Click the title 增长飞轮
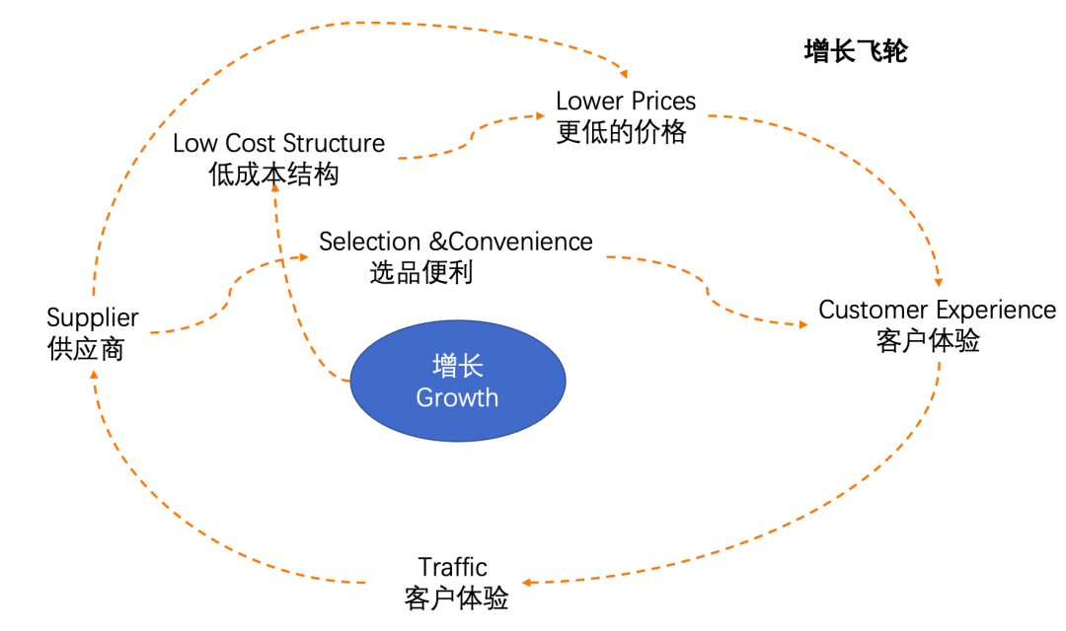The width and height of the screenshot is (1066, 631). [856, 51]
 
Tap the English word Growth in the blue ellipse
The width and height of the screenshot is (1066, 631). [457, 397]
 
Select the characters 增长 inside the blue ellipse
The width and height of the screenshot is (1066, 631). [458, 366]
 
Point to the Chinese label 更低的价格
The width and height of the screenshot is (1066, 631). [622, 132]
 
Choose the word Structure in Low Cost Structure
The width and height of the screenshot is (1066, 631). [334, 143]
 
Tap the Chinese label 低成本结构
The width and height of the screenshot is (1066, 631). [273, 174]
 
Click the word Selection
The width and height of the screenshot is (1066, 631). [370, 242]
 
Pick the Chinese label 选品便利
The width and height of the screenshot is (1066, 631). [421, 272]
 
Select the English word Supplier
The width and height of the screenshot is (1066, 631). [93, 318]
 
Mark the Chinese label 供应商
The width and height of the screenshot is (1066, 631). [86, 349]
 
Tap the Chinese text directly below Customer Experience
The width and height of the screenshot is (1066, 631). [928, 340]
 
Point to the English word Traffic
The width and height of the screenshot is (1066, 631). [452, 567]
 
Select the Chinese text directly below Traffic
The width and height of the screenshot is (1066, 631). [456, 597]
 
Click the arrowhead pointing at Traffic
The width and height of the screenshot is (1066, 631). [527, 582]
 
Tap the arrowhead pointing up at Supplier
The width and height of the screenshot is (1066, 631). [94, 375]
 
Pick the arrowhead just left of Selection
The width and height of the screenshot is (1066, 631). [303, 256]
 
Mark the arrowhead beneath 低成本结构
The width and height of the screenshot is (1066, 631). [275, 186]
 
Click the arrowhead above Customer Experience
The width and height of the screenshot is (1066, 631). [939, 282]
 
